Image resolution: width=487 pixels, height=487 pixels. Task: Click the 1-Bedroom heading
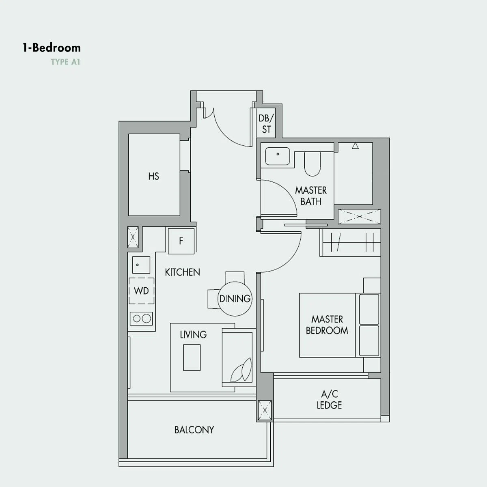[x=52, y=48]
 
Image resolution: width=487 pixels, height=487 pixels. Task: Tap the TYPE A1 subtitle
[x=65, y=62]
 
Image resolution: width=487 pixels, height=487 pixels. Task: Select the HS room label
[x=154, y=176]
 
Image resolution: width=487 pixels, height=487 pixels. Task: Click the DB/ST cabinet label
[x=266, y=124]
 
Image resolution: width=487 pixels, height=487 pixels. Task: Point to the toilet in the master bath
[x=312, y=164]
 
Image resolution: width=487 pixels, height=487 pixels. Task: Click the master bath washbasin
[x=278, y=156]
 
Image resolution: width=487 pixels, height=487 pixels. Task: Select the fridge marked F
[x=181, y=241]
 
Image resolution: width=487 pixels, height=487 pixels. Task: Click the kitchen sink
[x=141, y=265]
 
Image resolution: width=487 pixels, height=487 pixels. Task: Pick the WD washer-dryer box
[x=141, y=291]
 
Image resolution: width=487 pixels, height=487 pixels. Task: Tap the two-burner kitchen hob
[x=141, y=319]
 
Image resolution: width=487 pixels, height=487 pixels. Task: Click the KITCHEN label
[x=183, y=272]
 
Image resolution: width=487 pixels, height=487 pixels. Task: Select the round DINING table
[x=235, y=299]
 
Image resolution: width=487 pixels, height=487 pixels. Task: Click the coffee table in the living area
[x=192, y=358]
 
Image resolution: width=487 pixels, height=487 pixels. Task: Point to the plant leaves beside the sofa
[x=241, y=370]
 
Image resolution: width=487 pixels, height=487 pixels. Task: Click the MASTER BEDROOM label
[x=327, y=325]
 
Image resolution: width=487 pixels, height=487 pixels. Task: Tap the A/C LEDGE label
[x=329, y=400]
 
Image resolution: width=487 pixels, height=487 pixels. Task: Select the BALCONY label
[x=194, y=430]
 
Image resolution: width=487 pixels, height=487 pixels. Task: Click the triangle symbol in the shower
[x=356, y=146]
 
